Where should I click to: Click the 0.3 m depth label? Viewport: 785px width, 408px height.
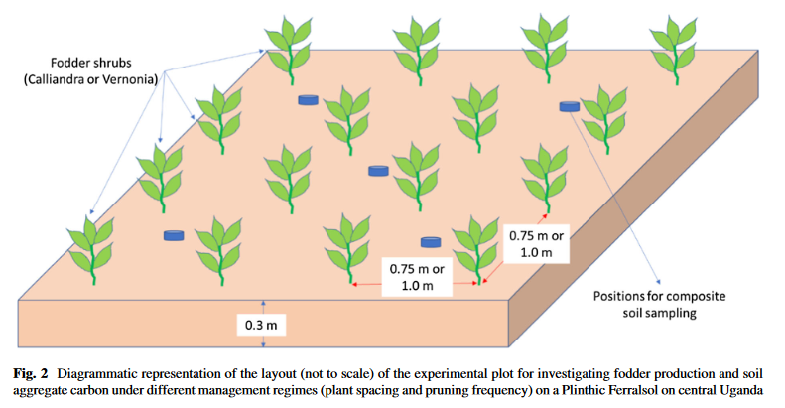[x=261, y=325]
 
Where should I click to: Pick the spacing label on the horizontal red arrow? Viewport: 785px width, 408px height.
[x=417, y=277]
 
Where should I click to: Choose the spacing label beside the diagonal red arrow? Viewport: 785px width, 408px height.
[x=536, y=244]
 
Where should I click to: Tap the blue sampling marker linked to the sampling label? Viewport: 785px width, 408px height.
[x=570, y=106]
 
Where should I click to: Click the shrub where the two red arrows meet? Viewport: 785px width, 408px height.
[x=475, y=249]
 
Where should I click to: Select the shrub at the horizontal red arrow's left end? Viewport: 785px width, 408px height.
[x=347, y=249]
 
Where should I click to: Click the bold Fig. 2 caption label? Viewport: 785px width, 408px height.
[x=31, y=374]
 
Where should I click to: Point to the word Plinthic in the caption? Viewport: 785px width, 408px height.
[x=584, y=390]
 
